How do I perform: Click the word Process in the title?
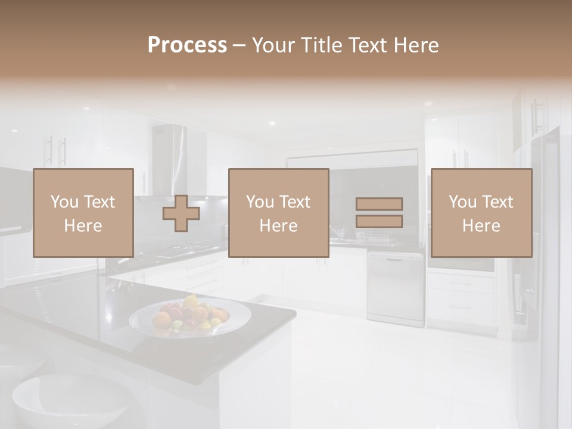[187, 45]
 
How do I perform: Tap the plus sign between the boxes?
[181, 213]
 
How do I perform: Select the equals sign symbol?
[379, 213]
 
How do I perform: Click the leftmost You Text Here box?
[83, 213]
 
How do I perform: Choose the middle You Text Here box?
[279, 213]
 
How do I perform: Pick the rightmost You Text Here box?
[481, 213]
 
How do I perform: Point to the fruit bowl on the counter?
[189, 316]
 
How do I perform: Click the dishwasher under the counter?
[395, 289]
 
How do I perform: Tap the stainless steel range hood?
[170, 158]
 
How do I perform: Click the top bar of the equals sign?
[379, 204]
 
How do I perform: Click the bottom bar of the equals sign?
[379, 222]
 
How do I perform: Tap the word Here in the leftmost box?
[83, 226]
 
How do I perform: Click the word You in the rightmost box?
[462, 202]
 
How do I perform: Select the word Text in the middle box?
[294, 202]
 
